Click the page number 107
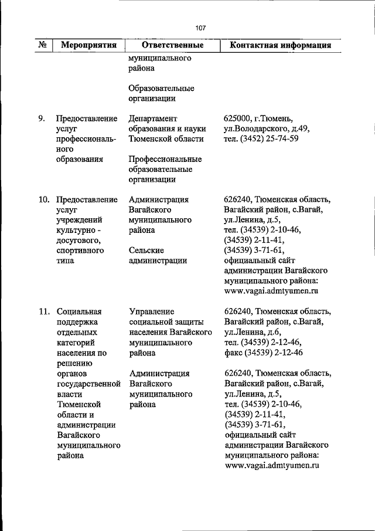click(200, 28)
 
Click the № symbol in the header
click(42, 45)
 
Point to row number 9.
click(42, 118)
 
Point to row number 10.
click(43, 199)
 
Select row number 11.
click(43, 312)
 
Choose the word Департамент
click(153, 118)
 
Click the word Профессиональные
click(165, 159)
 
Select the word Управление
click(151, 312)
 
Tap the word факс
click(234, 353)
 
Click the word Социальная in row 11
click(79, 312)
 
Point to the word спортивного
click(81, 251)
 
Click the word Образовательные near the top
click(161, 88)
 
